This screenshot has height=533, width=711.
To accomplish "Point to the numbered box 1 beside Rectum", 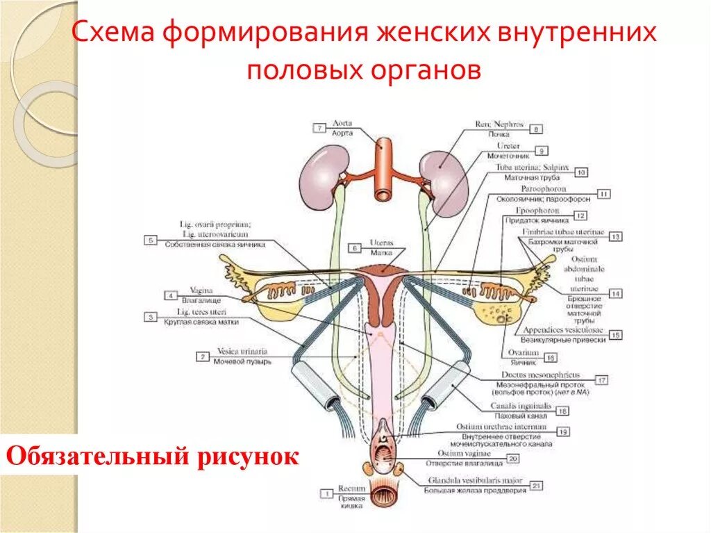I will [x=326, y=493].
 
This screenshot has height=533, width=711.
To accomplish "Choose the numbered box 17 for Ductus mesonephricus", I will [x=601, y=379].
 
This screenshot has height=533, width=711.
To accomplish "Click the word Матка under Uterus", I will [x=382, y=253].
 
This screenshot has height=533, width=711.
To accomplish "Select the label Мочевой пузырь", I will [x=242, y=362].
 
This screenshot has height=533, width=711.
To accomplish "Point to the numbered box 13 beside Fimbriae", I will [x=614, y=237].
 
